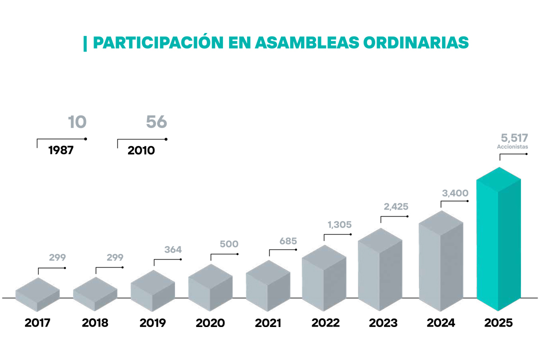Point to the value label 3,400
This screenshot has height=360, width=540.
coord(455,193)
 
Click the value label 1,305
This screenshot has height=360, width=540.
coord(340,225)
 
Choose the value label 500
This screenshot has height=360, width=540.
coord(229,244)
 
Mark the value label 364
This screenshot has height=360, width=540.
coord(173,249)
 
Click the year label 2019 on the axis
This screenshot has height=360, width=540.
coord(152,323)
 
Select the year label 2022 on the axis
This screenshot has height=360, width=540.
coord(325,323)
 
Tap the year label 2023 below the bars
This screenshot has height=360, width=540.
coord(383,323)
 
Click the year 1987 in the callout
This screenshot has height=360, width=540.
coord(60,150)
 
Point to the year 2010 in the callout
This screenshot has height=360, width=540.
coord(141,150)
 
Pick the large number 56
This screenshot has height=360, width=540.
coord(156,122)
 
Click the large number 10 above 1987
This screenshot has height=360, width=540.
coord(77,122)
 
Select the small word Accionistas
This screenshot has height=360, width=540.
coord(512,147)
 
